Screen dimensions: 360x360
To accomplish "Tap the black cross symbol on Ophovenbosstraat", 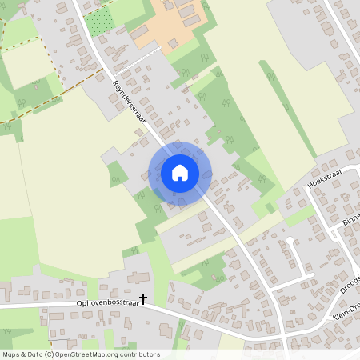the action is pyautogui.click(x=143, y=299).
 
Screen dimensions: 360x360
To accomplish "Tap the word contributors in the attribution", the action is pyautogui.click(x=141, y=354).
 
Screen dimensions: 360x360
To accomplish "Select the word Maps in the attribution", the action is pyautogui.click(x=11, y=354).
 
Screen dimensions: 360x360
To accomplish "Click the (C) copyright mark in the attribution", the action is pyautogui.click(x=50, y=354).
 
